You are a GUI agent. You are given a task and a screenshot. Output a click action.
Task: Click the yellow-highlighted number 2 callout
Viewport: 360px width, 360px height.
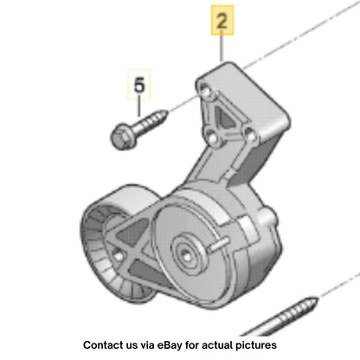pos(222,20)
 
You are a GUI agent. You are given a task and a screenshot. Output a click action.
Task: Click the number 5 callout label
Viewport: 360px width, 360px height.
pos(139,85)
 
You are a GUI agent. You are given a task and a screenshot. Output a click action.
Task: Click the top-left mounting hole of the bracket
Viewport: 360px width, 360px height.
pos(205,91)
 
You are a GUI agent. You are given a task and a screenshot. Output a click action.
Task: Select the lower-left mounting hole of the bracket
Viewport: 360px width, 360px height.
pos(213,138)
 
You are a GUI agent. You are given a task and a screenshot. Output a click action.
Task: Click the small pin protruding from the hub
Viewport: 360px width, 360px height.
pos(218,245)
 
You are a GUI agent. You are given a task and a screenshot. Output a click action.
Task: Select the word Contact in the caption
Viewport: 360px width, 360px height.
pos(101,345)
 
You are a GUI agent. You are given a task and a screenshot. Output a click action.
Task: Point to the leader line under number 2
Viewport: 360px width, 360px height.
pos(222,48)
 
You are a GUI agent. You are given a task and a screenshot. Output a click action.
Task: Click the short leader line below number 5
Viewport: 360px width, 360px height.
pos(139,108)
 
